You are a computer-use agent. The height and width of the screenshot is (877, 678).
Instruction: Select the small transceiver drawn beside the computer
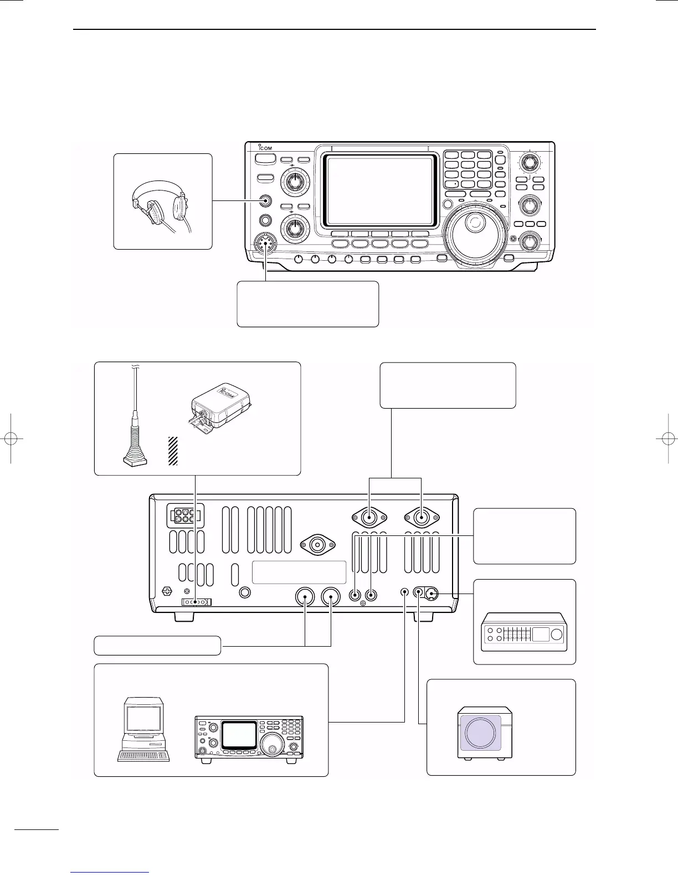pos(249,739)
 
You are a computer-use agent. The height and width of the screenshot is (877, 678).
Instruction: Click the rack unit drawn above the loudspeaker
pos(524,631)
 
